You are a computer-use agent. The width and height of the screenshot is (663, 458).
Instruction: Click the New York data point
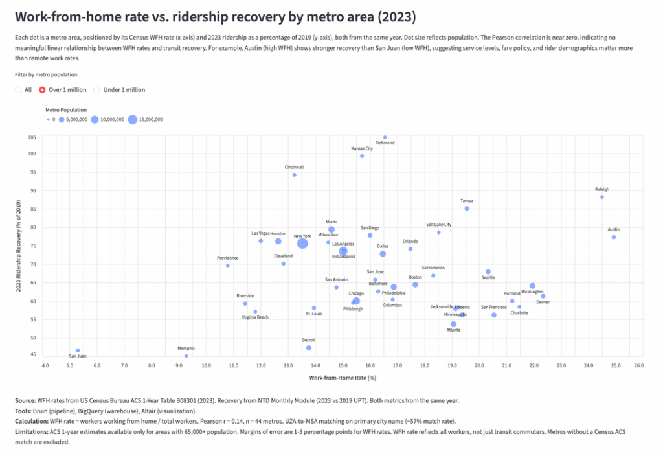pos(302,244)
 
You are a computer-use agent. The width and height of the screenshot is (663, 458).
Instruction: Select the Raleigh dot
pos(602,197)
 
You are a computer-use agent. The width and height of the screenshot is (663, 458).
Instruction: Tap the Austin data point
pos(614,237)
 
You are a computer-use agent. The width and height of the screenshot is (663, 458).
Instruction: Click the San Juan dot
pos(78,350)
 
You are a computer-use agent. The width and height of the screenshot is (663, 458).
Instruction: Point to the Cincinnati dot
pos(294,175)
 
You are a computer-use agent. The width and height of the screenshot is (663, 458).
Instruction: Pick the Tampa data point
pos(467,209)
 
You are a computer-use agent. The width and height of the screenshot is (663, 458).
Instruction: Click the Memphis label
pos(186,349)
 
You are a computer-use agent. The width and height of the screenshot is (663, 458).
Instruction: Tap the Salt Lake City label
pos(438,225)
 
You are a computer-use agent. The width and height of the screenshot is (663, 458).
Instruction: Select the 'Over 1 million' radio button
pos(43,90)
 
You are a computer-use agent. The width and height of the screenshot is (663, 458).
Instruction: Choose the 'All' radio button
pos(19,90)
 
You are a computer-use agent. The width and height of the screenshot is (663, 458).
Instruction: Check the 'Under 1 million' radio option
pos(98,90)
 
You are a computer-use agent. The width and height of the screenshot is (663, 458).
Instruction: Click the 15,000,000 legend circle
pos(132,119)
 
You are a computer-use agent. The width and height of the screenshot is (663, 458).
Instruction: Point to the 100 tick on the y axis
pos(32,154)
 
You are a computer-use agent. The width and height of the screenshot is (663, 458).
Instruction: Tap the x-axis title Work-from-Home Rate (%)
pos(343,378)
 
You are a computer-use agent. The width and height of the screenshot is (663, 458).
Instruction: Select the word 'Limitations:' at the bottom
pos(32,431)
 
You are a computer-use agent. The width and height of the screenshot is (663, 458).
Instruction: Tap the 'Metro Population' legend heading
pos(66,110)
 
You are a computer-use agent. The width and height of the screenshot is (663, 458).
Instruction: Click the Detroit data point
pos(309,348)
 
